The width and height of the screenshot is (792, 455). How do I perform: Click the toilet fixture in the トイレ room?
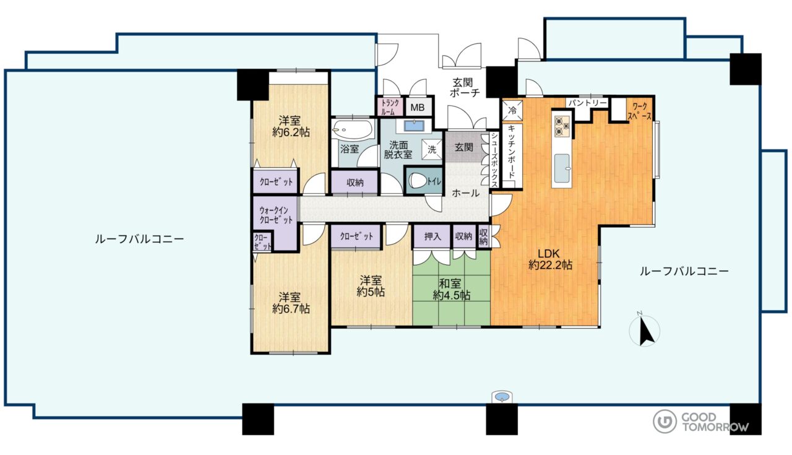[x=418, y=181]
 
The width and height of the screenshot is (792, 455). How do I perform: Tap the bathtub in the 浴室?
[x=353, y=129]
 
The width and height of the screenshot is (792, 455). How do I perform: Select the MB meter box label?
[x=417, y=107]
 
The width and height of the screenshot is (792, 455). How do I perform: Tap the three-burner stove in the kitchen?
[x=561, y=126]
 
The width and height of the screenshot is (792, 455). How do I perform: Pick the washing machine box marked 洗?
[x=432, y=150]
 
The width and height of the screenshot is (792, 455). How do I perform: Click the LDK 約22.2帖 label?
[x=550, y=259]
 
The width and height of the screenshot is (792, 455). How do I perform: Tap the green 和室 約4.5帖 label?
[x=452, y=290]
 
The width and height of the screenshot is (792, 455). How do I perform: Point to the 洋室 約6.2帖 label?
[x=291, y=126]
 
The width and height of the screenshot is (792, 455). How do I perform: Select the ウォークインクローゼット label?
[x=276, y=215]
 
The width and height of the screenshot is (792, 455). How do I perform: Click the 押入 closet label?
[x=433, y=236]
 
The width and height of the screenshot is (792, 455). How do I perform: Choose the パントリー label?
[x=587, y=103]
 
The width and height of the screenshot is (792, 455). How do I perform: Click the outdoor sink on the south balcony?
[x=502, y=397]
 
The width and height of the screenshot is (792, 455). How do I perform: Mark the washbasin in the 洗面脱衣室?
[x=414, y=126]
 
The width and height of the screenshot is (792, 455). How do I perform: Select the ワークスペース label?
[x=642, y=111]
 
